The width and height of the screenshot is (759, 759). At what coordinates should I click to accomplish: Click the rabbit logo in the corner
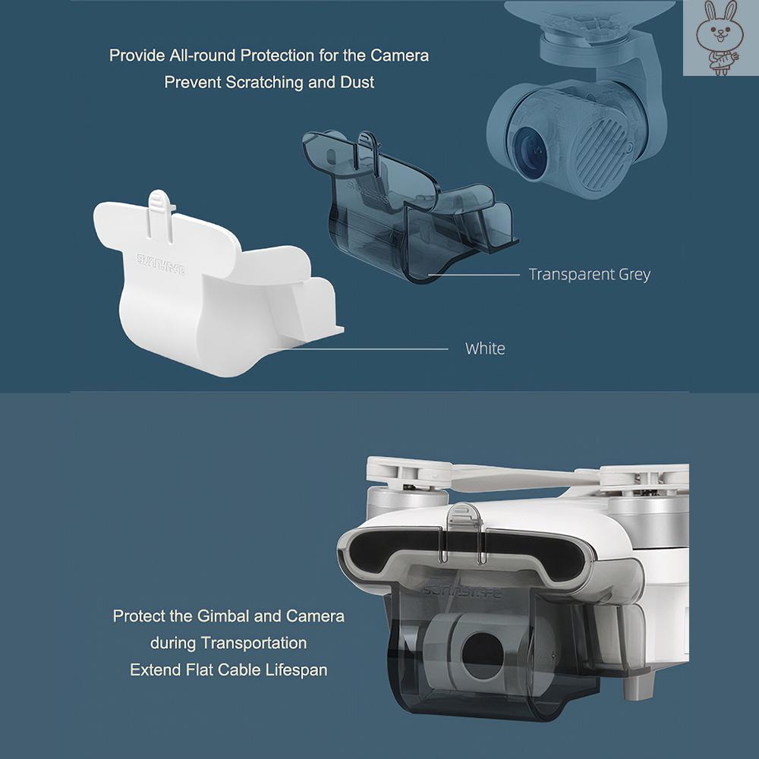point(720,38)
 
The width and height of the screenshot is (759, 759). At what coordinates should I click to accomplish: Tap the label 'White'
point(485,348)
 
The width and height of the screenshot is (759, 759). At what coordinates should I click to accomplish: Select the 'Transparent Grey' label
point(589,274)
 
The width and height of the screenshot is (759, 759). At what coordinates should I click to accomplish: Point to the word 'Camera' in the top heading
point(399,55)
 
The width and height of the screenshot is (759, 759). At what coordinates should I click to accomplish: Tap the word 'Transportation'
point(254,643)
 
